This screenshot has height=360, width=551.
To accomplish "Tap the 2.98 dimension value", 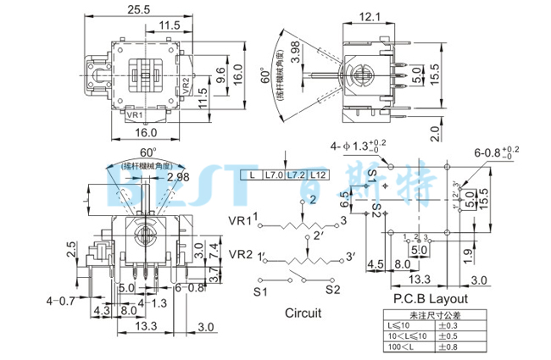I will pos(179,177).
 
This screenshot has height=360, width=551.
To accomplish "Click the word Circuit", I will pos(303,313).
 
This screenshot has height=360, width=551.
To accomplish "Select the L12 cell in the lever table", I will pos(318,174).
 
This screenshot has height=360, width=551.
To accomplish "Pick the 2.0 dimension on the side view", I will pos(435,133).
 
